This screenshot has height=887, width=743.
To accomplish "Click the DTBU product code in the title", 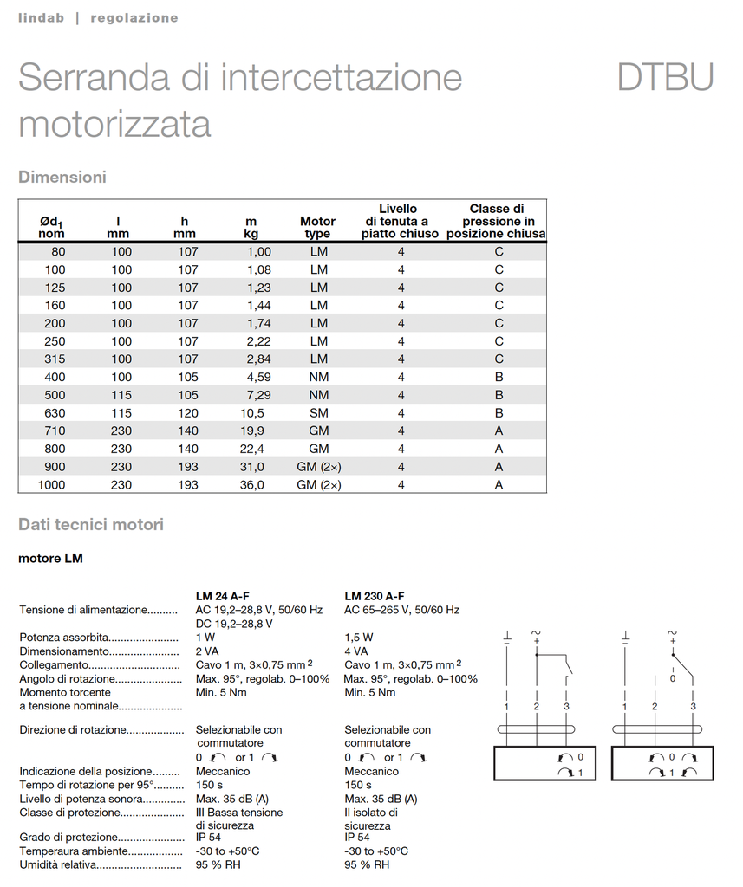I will (665, 78).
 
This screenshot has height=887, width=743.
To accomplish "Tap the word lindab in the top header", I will (41, 17).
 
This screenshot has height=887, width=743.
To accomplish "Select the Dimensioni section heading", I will (62, 177).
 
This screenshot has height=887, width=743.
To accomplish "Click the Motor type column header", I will (318, 228).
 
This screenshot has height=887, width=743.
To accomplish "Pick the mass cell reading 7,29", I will (255, 395).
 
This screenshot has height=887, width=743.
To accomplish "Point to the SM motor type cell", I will (319, 413).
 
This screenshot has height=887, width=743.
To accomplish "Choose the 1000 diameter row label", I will (51, 485).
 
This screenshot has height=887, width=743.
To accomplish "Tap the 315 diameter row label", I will (55, 359).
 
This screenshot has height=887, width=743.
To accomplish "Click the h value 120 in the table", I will (188, 413).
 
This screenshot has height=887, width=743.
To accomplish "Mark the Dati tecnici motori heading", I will (91, 524).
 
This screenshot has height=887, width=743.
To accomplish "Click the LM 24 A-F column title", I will (223, 596).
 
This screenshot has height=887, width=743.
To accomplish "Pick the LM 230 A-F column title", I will (375, 596).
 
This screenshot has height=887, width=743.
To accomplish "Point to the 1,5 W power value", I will (359, 638).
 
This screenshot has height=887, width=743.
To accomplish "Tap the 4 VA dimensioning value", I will (356, 651).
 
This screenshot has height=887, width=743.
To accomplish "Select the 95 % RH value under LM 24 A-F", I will (218, 865).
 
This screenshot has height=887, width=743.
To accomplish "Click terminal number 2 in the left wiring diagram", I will (537, 708).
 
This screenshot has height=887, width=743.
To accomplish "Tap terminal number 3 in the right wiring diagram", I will (693, 708).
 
